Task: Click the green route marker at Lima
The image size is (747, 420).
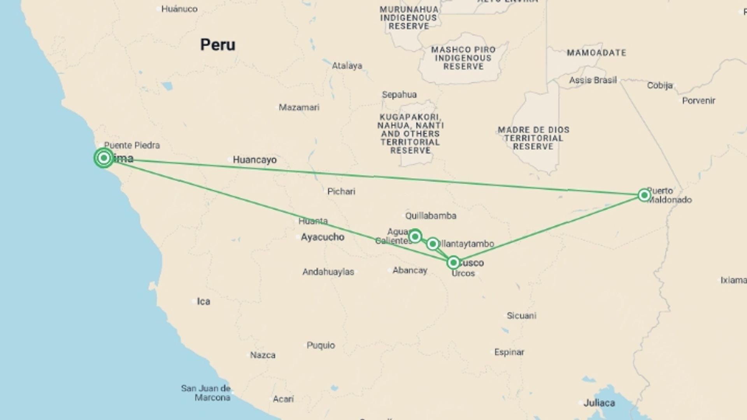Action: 103,158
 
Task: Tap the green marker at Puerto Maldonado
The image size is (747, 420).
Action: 644,195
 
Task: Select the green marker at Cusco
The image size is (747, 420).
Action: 453,263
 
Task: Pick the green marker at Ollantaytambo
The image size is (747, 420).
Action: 433,244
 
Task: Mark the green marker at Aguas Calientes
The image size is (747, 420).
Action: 415,236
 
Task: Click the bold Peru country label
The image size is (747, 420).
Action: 217,45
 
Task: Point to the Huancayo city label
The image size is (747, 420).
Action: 254,160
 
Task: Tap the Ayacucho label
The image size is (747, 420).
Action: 323,237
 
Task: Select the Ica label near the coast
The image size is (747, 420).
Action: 203,301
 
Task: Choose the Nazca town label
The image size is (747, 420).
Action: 263,355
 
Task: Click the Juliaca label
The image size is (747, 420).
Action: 599,403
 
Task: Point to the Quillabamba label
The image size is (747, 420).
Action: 431,216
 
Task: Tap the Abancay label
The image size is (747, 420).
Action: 410,270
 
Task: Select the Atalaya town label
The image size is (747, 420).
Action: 347,66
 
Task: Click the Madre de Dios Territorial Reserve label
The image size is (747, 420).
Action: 533,138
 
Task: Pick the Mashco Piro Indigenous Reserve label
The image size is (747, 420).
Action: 463,58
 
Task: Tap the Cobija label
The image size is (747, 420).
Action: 660,86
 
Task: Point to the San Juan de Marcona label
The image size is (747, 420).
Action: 206,393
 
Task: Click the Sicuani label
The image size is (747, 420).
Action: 521,316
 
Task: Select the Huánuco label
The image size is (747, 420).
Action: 179,9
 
